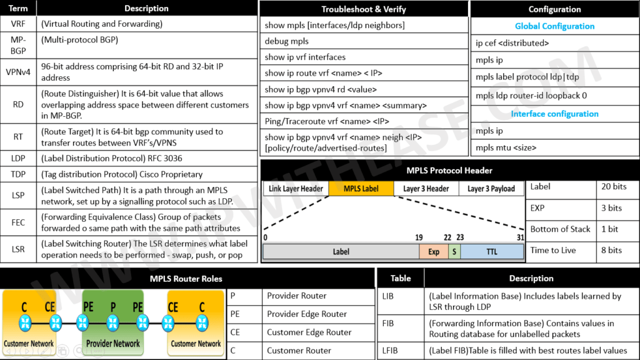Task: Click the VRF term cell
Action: point(18,24)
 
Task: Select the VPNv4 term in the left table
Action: point(18,72)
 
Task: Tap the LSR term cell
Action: point(18,249)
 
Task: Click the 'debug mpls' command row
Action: point(287,41)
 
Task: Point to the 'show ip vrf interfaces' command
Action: point(305,57)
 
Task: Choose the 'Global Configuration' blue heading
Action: point(554,26)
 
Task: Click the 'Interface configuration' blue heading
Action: point(554,114)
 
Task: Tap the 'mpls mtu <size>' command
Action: point(506,148)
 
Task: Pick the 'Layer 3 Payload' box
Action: point(491,188)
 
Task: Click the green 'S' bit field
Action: point(454,252)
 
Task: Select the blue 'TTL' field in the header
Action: point(492,252)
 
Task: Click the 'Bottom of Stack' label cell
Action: point(560,229)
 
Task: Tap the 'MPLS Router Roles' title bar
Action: point(186,278)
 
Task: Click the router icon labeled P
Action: point(113,323)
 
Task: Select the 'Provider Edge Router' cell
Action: point(307,314)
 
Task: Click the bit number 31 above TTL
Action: point(520,237)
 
